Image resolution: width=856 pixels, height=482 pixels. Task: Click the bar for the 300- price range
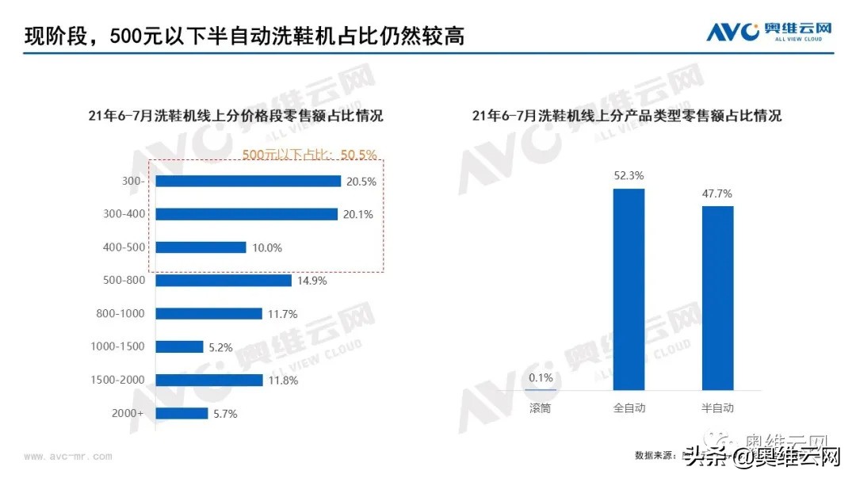point(248,181)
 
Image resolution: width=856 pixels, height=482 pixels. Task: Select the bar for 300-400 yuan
point(246,214)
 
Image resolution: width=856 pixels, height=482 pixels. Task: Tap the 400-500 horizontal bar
point(201,247)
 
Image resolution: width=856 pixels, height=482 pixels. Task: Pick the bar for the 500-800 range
point(224,281)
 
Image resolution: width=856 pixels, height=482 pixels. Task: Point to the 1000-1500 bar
point(179,346)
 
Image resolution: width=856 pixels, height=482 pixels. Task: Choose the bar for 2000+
point(182,413)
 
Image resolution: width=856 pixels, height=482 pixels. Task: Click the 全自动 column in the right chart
point(629,289)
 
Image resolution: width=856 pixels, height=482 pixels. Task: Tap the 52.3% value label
point(629,176)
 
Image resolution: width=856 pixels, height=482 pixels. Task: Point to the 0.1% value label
point(541,377)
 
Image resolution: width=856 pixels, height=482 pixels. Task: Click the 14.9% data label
point(311,281)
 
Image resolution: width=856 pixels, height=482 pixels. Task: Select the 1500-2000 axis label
point(118,381)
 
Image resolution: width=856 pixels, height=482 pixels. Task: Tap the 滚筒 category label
point(541,408)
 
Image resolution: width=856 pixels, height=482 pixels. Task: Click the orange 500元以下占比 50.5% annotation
point(309,155)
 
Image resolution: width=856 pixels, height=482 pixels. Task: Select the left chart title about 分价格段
point(235,116)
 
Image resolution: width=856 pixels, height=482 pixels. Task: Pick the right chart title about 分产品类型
point(626,116)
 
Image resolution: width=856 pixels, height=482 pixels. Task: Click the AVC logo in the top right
point(769,32)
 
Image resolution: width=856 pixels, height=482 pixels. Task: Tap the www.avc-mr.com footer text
point(67,457)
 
